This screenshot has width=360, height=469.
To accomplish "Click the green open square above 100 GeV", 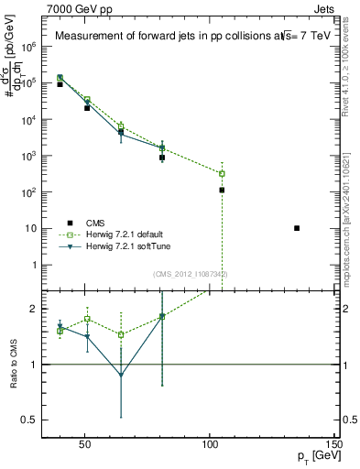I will click(x=222, y=173).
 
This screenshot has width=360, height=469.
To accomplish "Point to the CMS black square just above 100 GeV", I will click(x=222, y=190).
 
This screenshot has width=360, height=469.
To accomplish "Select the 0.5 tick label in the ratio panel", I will click(x=28, y=420).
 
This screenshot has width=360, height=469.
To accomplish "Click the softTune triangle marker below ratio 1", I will click(x=121, y=375).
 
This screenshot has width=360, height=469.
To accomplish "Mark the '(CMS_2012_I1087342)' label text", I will click(x=191, y=274).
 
